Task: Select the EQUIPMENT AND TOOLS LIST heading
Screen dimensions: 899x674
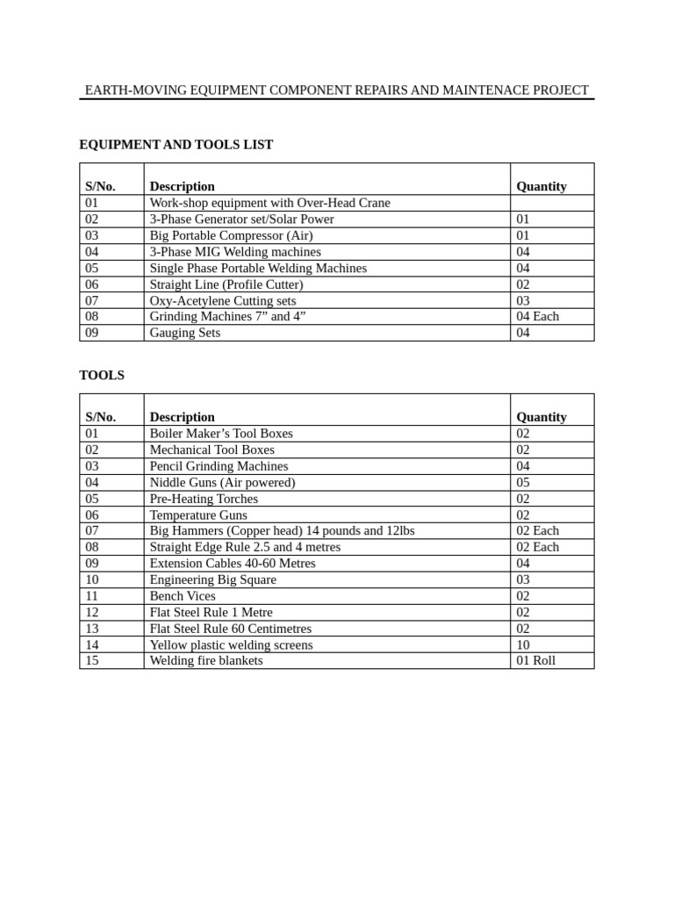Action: point(176,145)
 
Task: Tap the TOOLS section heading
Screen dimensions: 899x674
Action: point(102,375)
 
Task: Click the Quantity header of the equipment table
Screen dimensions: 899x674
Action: point(541,186)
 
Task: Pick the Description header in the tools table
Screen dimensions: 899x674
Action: point(183,417)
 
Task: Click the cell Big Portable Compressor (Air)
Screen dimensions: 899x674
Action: point(231,235)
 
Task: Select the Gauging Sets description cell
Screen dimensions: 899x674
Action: point(185,333)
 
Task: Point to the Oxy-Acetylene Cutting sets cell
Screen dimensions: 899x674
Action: point(223,300)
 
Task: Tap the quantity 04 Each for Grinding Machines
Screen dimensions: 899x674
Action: point(537,316)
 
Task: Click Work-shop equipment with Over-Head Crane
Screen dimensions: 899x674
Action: point(269,203)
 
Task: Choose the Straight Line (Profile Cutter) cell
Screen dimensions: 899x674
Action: point(226,284)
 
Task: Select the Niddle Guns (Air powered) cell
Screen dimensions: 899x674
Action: point(222,482)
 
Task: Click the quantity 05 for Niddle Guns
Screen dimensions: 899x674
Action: point(523,482)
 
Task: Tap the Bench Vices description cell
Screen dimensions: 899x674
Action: point(183,595)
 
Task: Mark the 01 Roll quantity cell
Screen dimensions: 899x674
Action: point(535,660)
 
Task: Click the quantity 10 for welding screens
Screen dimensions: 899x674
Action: point(523,644)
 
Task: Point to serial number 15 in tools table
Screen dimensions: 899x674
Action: point(92,660)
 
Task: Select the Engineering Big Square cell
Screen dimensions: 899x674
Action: point(212,579)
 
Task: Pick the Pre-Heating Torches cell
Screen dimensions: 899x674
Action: point(204,499)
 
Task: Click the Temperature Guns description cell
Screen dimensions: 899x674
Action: point(198,515)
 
